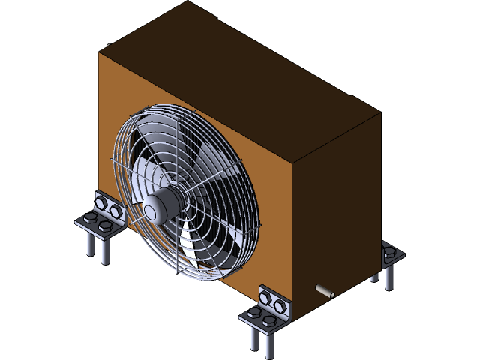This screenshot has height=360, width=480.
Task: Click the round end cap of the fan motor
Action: coord(154,211)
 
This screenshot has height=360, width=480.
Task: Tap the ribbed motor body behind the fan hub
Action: coord(171,199)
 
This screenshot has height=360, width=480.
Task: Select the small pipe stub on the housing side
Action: coord(324,290)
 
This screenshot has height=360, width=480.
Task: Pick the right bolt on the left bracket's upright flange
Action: coord(115,211)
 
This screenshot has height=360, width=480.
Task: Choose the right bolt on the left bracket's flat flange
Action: coord(105,226)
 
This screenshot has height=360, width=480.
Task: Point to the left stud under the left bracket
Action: coord(91,244)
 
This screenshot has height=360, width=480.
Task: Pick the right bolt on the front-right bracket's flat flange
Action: coord(269,322)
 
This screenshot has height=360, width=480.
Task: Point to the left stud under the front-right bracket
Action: coord(255,337)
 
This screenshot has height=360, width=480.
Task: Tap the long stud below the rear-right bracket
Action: coord(388,277)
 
